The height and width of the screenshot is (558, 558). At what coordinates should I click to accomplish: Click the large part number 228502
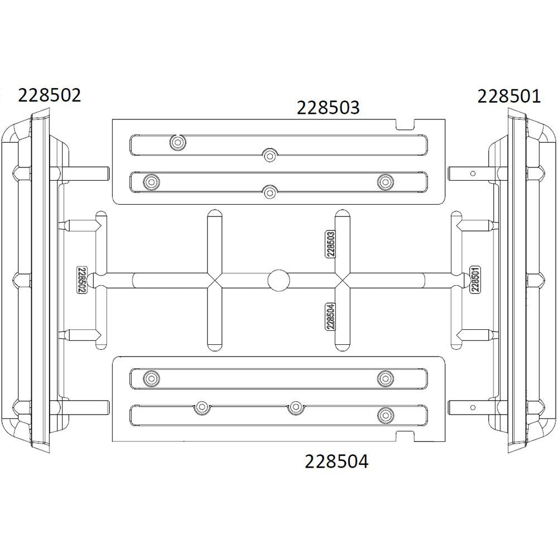coord(50,95)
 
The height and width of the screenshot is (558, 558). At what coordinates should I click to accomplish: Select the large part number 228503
coord(328,108)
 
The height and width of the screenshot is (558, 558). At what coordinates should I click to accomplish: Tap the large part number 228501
coord(509,97)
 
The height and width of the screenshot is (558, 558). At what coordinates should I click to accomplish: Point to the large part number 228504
coord(336,461)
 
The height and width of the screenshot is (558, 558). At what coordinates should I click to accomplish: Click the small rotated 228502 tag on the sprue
coord(81,280)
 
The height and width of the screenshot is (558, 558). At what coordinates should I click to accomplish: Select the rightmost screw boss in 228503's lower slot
coord(384,181)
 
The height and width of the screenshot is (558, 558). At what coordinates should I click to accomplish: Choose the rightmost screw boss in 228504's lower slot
coord(384,415)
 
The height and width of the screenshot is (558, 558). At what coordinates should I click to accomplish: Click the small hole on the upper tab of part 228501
coord(473,174)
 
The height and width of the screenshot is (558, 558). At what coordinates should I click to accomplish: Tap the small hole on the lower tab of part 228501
coord(473,408)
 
